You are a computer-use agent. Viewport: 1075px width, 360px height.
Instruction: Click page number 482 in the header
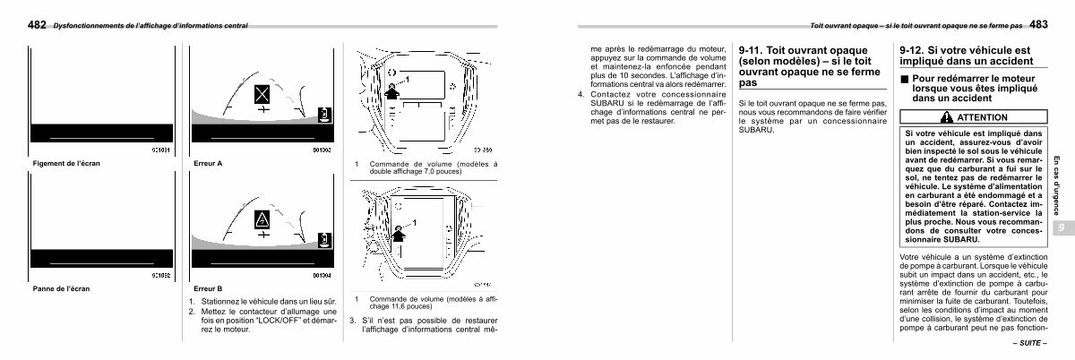pyautogui.click(x=38, y=25)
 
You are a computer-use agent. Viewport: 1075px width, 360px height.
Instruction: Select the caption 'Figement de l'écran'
pyautogui.click(x=60, y=163)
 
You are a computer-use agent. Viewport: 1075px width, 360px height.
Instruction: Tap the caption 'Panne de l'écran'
pyautogui.click(x=60, y=289)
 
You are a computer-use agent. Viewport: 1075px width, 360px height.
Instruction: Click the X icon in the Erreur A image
pyautogui.click(x=261, y=93)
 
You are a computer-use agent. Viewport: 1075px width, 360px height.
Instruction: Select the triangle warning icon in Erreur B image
pyautogui.click(x=263, y=219)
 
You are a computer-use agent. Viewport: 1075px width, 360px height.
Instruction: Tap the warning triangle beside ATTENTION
pyautogui.click(x=947, y=117)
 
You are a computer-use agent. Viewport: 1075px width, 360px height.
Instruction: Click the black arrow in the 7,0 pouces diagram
pyautogui.click(x=391, y=92)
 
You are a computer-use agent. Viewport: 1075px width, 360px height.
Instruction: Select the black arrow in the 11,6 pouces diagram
pyautogui.click(x=398, y=235)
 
